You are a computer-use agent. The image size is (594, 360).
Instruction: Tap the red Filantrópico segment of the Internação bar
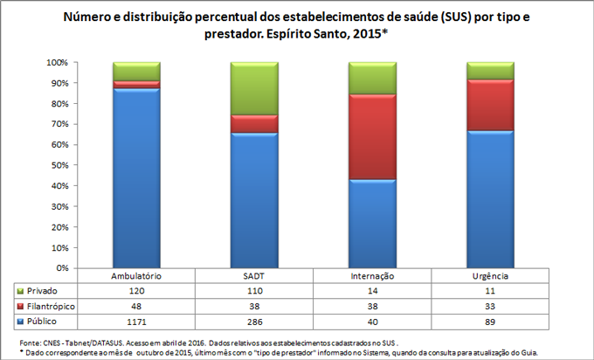(x=372, y=136)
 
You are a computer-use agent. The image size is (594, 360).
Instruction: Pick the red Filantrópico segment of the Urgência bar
(x=490, y=105)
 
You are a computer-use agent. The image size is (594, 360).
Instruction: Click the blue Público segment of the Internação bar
(x=372, y=223)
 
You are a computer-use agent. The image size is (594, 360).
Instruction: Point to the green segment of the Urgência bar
(x=490, y=71)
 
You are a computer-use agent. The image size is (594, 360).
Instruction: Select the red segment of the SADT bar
(x=253, y=123)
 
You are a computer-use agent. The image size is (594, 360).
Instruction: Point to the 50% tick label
(x=59, y=165)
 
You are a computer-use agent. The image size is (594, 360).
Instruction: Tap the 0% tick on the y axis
(x=61, y=267)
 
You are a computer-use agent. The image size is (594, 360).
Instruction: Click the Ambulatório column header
(x=136, y=275)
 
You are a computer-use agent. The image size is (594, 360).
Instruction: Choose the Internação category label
(x=372, y=275)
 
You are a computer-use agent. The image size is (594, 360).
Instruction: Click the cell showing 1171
(x=136, y=322)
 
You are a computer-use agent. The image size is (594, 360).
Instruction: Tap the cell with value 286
(x=253, y=322)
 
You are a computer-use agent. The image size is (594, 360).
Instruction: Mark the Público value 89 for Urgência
(x=490, y=322)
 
